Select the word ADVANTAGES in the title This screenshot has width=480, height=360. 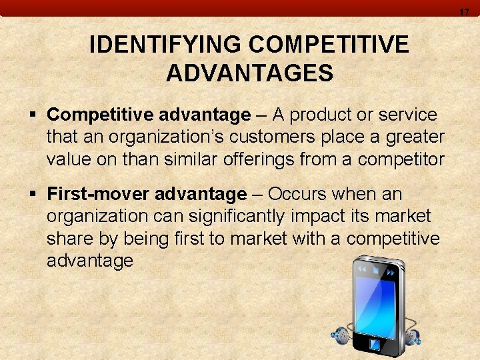tap(250, 73)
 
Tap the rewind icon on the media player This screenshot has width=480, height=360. tap(362, 269)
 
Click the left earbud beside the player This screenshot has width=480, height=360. tap(341, 335)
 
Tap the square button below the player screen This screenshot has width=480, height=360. tap(375, 345)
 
